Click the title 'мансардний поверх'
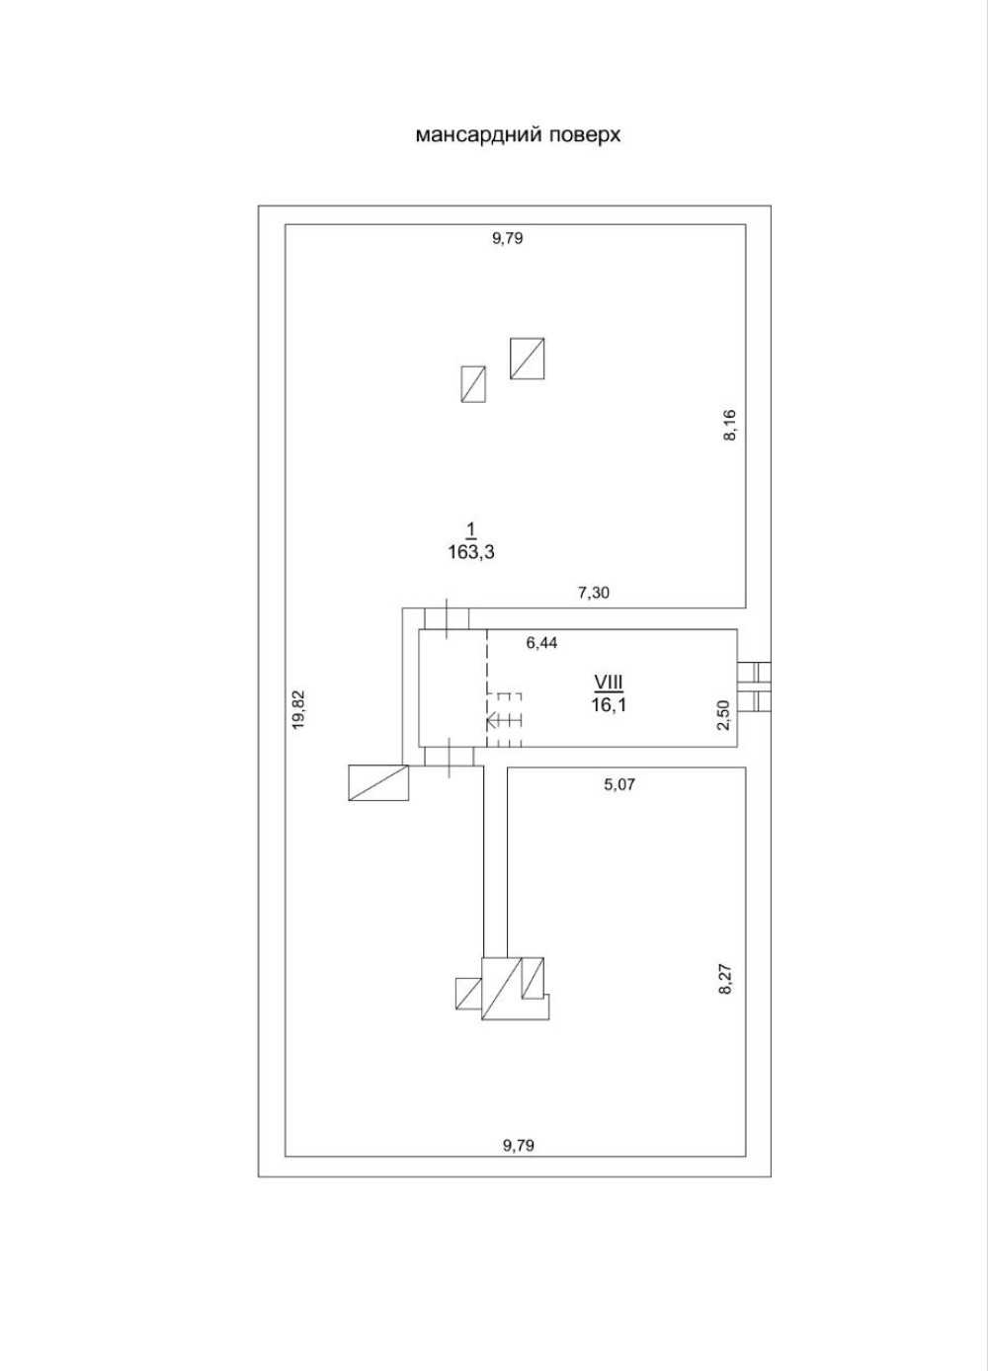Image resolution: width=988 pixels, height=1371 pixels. [x=518, y=134]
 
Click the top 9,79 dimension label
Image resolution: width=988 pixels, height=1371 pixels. [x=507, y=238]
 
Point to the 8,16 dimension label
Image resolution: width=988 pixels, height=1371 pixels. [x=730, y=425]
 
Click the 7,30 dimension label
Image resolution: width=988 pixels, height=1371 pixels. [x=594, y=593]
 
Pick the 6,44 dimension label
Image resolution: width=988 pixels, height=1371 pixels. [x=541, y=642]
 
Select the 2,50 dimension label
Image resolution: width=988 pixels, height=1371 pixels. [x=724, y=713]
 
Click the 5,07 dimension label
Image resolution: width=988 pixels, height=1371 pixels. [x=619, y=785]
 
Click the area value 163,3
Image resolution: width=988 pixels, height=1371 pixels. [x=470, y=553]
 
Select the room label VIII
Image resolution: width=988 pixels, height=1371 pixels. [x=610, y=682]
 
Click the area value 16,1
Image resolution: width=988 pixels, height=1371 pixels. [x=610, y=704]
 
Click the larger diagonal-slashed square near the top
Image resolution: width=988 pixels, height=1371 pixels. [x=528, y=359]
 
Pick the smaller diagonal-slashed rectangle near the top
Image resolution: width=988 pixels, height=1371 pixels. [x=473, y=384]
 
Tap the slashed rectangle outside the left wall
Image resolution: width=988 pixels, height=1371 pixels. [x=378, y=782]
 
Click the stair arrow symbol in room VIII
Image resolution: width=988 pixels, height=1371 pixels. [x=503, y=721]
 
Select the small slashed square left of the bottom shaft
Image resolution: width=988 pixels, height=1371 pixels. [x=467, y=993]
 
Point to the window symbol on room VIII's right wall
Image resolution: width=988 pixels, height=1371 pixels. [x=758, y=685]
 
